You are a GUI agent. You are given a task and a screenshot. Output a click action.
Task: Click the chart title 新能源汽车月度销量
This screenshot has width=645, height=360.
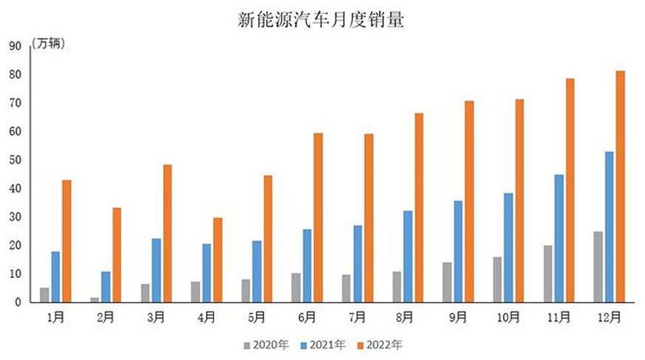[321, 20]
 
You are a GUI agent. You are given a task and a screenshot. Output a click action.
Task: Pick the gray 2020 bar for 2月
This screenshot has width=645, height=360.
[95, 299]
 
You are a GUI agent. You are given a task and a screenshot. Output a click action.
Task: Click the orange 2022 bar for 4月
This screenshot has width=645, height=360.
[218, 259]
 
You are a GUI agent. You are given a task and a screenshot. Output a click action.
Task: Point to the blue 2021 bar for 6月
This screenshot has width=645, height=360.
[307, 265]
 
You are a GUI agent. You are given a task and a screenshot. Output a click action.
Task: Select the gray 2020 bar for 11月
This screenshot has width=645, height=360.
[547, 274]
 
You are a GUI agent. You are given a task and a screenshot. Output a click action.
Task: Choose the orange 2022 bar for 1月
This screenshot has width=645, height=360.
[66, 241]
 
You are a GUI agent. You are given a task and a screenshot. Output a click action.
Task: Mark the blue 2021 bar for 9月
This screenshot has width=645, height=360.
[458, 251]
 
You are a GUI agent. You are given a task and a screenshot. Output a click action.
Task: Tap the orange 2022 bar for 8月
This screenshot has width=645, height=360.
[419, 208]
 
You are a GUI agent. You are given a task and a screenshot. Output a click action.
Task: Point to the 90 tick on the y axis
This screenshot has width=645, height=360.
[15, 46]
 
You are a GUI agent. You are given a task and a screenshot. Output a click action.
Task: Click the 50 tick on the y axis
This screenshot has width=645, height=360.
[15, 160]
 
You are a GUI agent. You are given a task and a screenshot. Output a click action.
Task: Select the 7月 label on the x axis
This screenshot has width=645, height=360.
[357, 317]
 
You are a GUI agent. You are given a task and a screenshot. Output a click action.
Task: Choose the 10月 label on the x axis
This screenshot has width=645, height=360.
[508, 317]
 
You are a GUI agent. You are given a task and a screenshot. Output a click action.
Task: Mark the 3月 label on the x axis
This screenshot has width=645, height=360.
[156, 317]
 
